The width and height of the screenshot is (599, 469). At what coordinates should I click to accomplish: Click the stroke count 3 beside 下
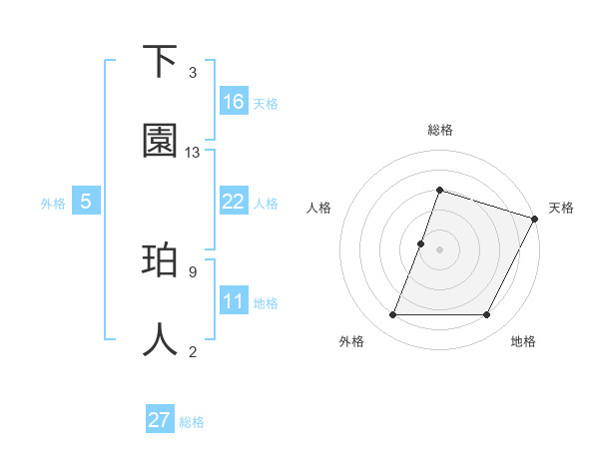[193, 73]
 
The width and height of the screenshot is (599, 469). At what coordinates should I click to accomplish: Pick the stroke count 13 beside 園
[193, 153]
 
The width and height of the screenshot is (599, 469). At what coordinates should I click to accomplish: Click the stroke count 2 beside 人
[193, 351]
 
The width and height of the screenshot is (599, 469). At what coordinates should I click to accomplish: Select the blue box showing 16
[234, 101]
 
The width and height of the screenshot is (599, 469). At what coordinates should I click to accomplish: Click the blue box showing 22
[234, 202]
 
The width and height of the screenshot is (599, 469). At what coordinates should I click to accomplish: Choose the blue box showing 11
[234, 301]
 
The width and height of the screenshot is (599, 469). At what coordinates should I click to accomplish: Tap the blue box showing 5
[86, 202]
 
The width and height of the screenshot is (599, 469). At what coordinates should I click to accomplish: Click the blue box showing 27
[160, 420]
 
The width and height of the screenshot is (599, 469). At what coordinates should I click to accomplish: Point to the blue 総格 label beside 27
[192, 422]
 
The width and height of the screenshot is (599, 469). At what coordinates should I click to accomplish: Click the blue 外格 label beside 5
[53, 204]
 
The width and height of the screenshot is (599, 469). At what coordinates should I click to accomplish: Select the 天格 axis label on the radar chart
[561, 208]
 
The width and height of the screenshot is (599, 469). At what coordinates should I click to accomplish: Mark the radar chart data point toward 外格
[392, 315]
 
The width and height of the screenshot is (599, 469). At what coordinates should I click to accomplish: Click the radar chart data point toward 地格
[486, 315]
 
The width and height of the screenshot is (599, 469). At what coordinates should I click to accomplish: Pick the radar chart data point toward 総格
[439, 190]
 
